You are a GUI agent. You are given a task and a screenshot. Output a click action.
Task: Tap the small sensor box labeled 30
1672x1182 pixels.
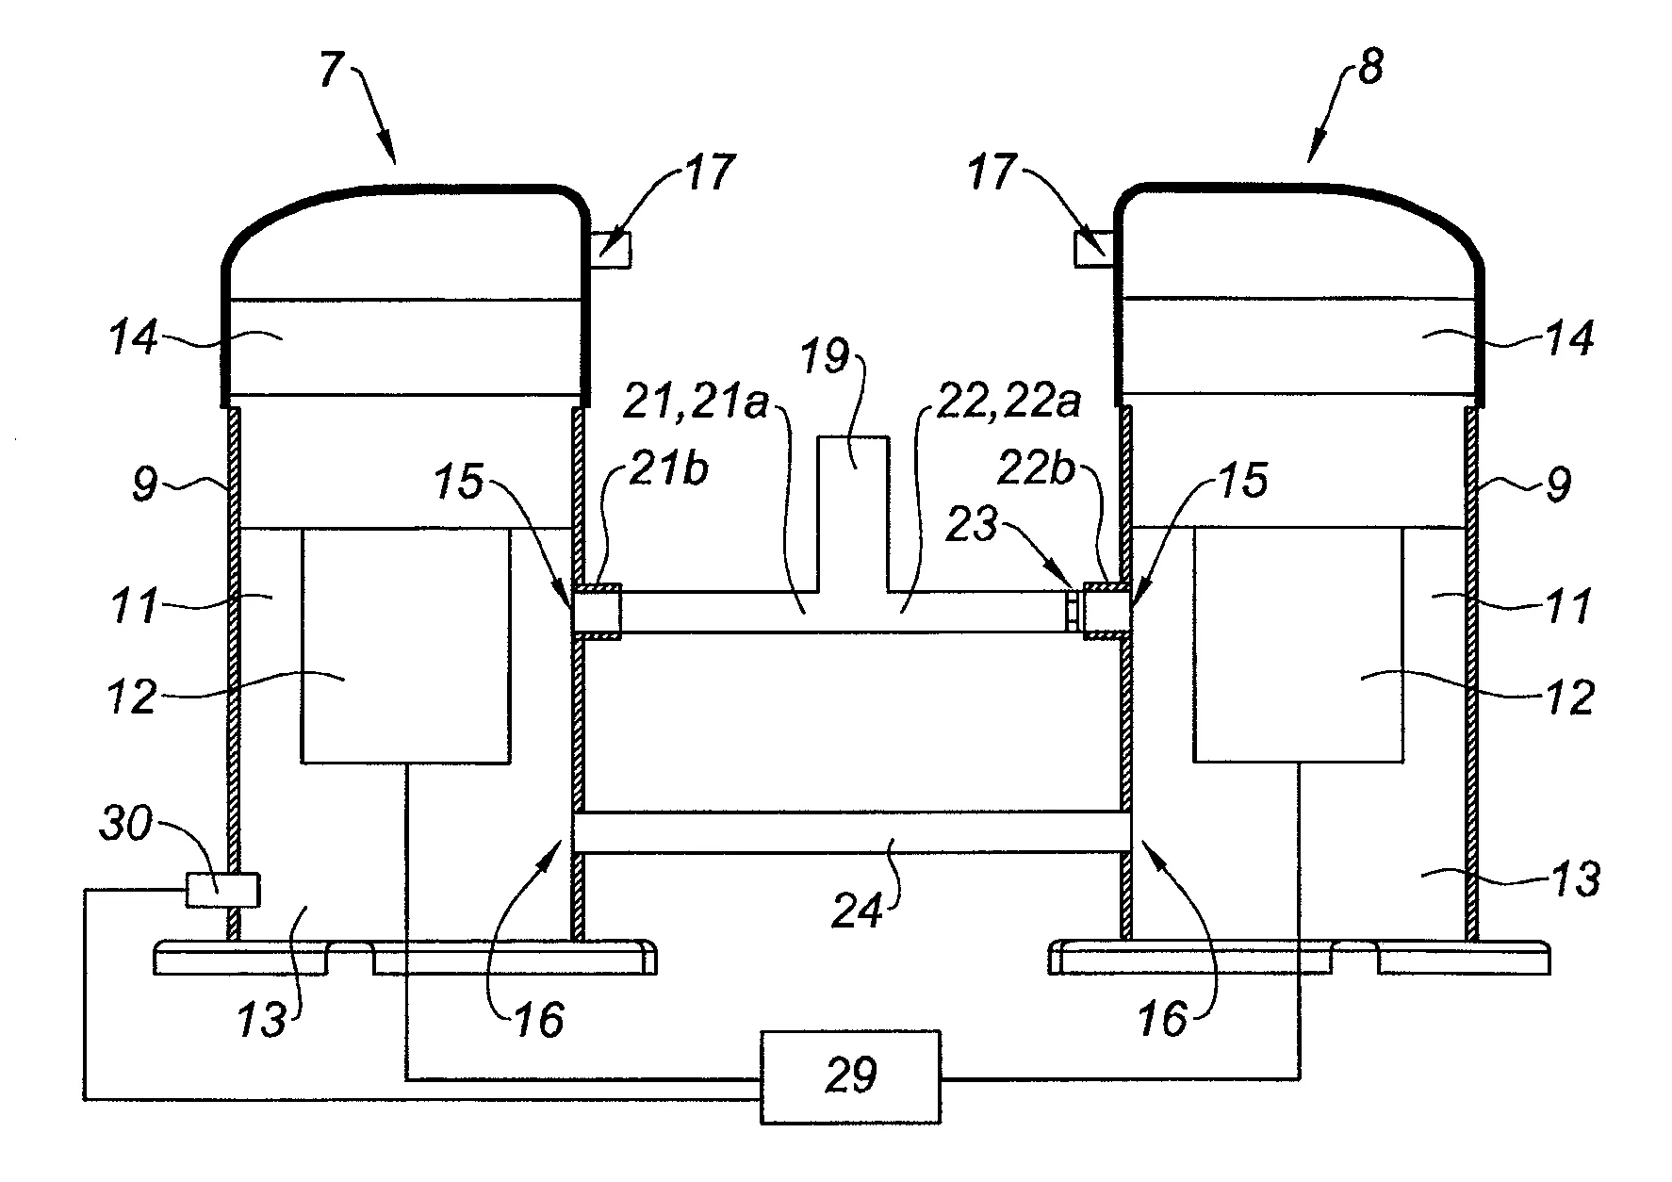[221, 890]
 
